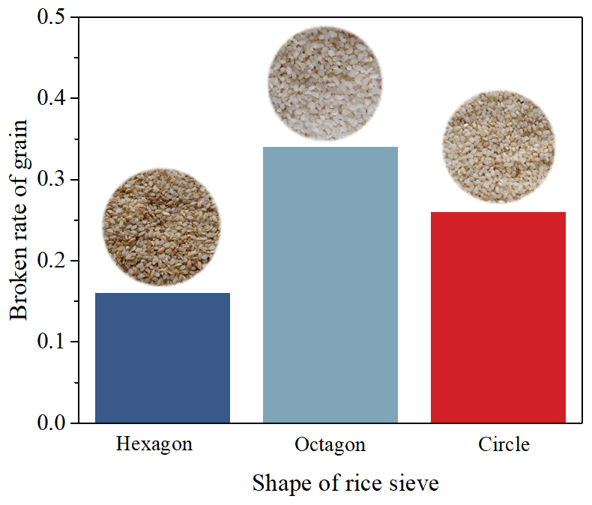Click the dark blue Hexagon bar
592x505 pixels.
tap(162, 358)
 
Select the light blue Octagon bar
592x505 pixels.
tap(330, 285)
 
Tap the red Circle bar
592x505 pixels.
tap(498, 318)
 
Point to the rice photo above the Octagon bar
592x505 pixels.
tap(325, 83)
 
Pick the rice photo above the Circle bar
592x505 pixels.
tap(498, 147)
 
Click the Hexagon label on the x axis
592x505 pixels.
tap(154, 444)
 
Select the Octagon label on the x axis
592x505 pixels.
tap(330, 445)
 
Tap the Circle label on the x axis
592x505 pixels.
tap(504, 444)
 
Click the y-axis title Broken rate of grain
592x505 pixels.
tap(19, 220)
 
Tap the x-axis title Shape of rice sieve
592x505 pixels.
tap(345, 483)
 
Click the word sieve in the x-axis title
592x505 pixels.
tap(415, 483)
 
